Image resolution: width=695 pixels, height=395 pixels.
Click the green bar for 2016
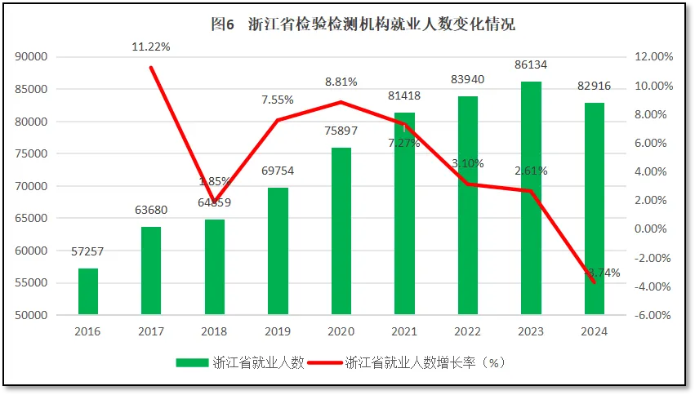point(88,291)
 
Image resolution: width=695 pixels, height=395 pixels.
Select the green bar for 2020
point(341,231)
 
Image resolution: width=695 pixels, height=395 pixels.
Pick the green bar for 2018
point(215,267)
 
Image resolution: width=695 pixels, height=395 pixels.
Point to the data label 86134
point(532,64)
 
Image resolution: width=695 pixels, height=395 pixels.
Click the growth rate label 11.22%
point(151,47)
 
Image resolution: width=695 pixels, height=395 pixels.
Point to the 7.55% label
point(277,100)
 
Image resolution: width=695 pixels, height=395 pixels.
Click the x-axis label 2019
point(278,331)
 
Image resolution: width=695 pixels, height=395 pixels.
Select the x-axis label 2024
point(595,331)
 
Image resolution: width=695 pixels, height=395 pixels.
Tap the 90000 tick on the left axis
point(32,57)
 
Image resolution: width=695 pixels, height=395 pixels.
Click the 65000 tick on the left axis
point(32,218)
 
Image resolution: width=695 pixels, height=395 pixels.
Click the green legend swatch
point(192,363)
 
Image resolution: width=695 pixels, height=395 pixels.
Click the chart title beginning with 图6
point(363,24)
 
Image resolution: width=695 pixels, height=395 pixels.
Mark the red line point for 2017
point(151,68)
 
